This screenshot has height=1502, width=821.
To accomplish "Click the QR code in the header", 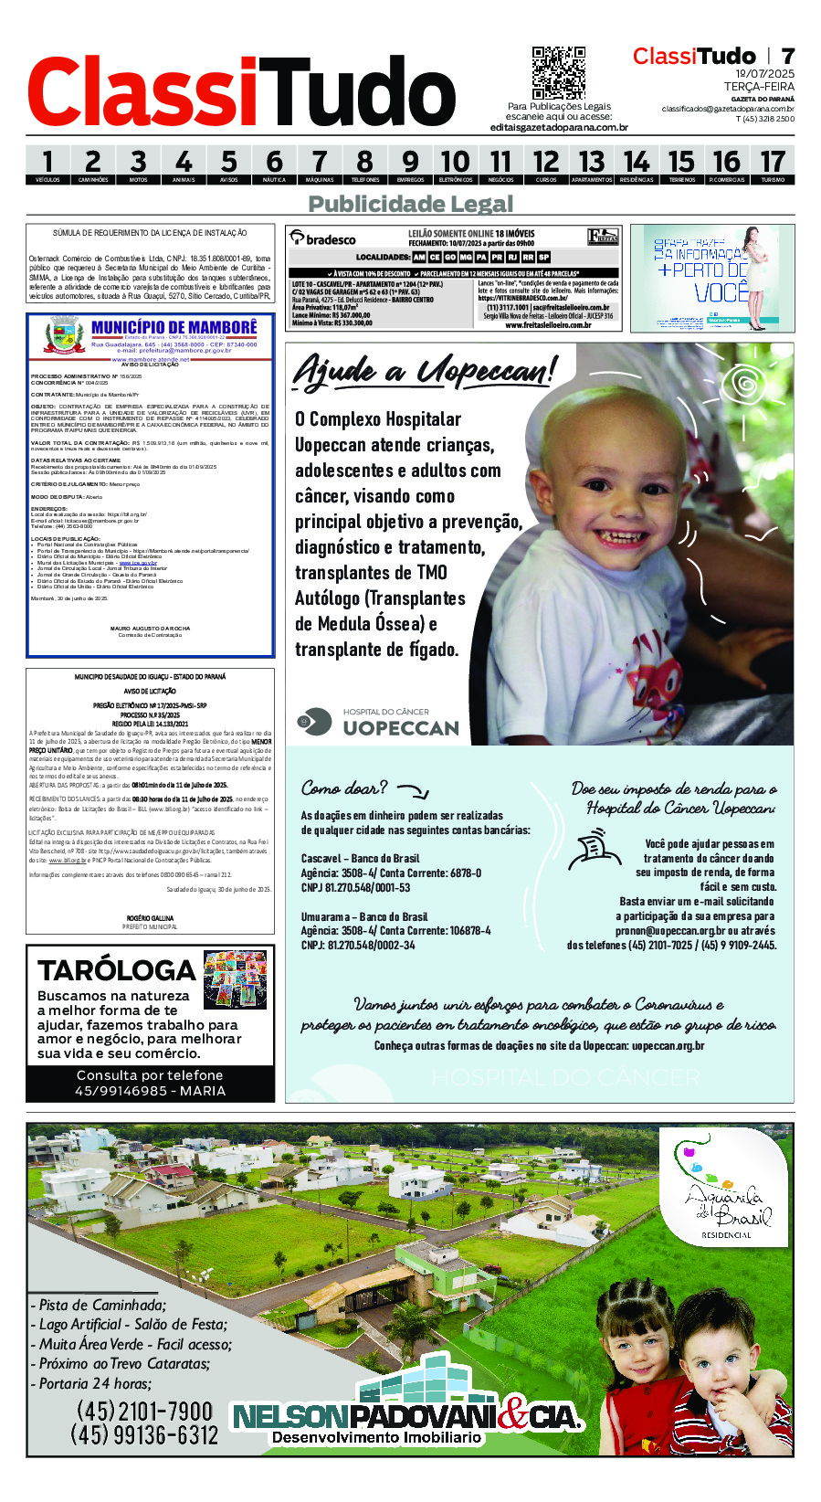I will (x=558, y=73).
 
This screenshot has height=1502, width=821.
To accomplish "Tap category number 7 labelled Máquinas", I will (x=320, y=165).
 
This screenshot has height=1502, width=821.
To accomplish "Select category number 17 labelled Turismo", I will (x=773, y=165).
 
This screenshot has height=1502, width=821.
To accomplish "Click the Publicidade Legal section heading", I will (x=410, y=204).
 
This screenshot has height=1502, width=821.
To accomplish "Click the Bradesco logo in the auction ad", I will (x=323, y=238).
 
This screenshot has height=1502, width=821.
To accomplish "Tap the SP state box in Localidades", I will (x=544, y=258).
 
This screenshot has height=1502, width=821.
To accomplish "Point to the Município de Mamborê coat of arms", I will (x=65, y=335).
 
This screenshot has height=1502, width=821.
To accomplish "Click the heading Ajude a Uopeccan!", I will (x=424, y=370).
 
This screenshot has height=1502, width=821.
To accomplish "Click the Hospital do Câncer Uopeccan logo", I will (x=378, y=722).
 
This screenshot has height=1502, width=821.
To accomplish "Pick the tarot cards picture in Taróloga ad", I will (x=236, y=979).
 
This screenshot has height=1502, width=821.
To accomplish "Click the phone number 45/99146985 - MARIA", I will (x=150, y=1091).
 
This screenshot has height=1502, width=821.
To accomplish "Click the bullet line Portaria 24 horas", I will (x=95, y=1383).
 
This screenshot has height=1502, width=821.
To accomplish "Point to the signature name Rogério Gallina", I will (x=150, y=918).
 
